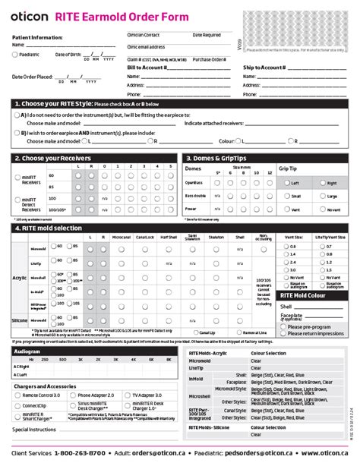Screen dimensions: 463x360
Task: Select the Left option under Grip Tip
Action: point(286,183)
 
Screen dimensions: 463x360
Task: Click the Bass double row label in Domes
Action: point(197,196)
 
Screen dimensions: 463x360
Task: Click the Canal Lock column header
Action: point(145,236)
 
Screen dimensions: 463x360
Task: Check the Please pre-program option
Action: point(283,326)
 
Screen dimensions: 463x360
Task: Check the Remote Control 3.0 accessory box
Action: point(17,395)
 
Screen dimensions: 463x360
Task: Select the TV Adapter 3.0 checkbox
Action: point(128,395)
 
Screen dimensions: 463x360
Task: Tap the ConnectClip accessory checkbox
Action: point(17,405)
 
